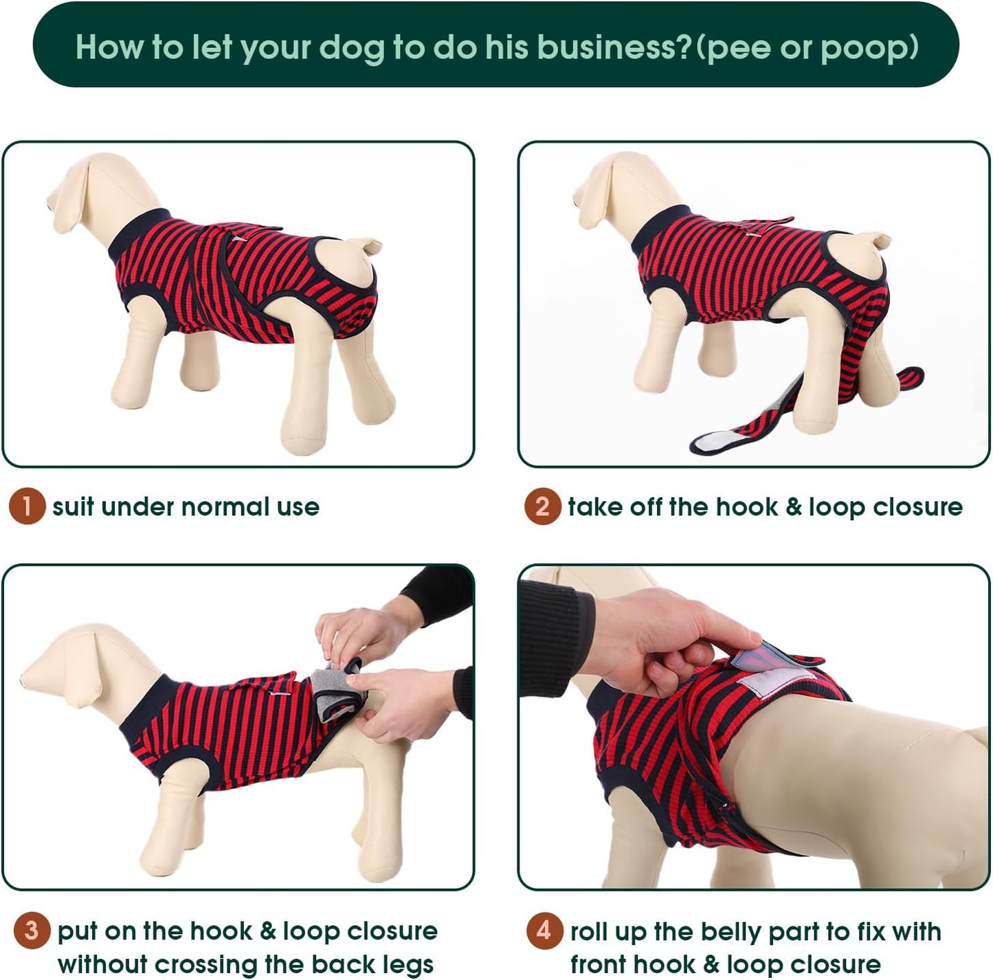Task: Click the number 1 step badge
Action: pyautogui.click(x=27, y=507)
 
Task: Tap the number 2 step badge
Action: pyautogui.click(x=542, y=507)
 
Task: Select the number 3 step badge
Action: pyautogui.click(x=32, y=931)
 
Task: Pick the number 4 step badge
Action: pyautogui.click(x=544, y=931)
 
